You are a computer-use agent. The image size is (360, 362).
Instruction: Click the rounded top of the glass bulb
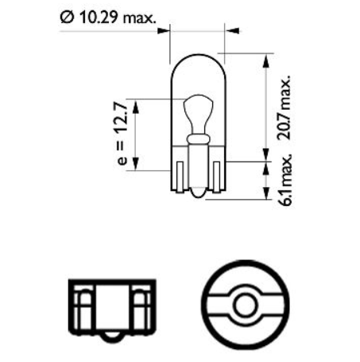(x=197, y=59)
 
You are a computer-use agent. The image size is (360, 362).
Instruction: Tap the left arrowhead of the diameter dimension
(x=166, y=32)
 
